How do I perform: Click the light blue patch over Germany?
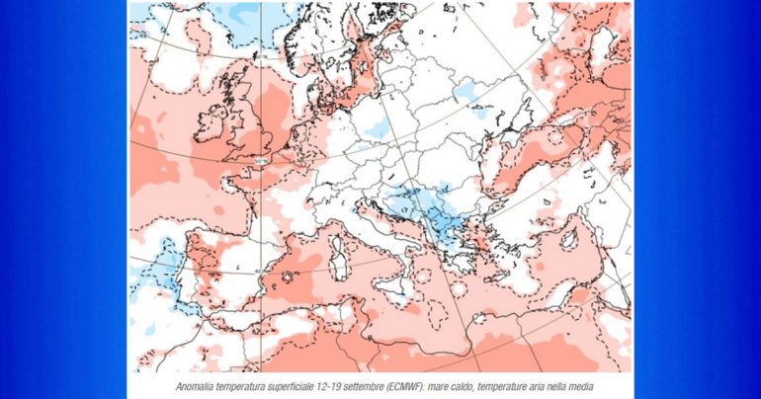pos(376,128)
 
